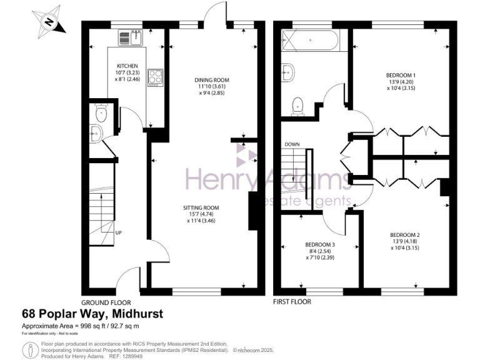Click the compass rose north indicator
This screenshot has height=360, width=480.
(x=47, y=22)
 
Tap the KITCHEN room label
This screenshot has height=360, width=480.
(x=127, y=66)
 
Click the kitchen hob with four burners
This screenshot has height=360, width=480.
(x=154, y=77)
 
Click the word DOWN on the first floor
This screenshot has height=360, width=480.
(x=292, y=144)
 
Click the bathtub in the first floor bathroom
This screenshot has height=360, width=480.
(x=311, y=44)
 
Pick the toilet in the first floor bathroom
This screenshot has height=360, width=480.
(x=298, y=106)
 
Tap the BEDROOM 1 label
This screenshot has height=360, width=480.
(x=401, y=76)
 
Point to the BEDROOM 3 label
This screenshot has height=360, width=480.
(x=320, y=244)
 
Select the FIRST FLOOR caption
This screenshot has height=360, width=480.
(x=292, y=301)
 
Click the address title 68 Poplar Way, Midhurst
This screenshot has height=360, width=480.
(x=92, y=314)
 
